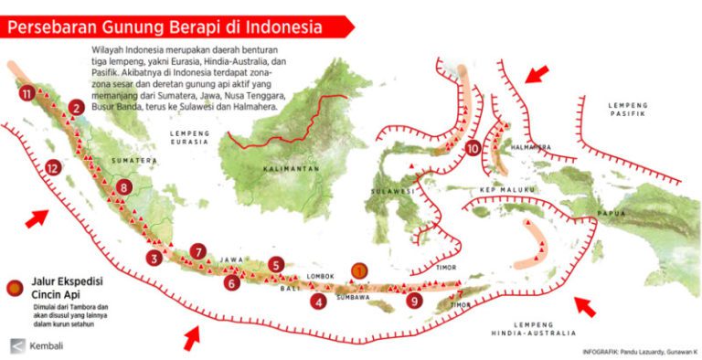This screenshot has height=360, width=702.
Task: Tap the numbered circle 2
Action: click(x=75, y=108)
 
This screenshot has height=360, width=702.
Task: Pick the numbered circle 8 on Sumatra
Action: click(x=124, y=188)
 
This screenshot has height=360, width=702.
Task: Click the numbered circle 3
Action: click(x=155, y=259)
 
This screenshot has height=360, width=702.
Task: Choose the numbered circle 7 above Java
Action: click(x=199, y=250)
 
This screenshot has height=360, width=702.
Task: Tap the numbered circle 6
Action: click(x=232, y=283)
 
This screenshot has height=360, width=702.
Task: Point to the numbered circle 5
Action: click(x=276, y=265)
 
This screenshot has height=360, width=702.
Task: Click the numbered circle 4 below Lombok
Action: click(x=318, y=301)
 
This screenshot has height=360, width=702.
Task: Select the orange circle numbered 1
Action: click(x=360, y=270)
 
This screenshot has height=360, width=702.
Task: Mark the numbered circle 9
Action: click(x=416, y=299)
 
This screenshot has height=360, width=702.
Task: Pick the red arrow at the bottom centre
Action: click(x=191, y=339)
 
